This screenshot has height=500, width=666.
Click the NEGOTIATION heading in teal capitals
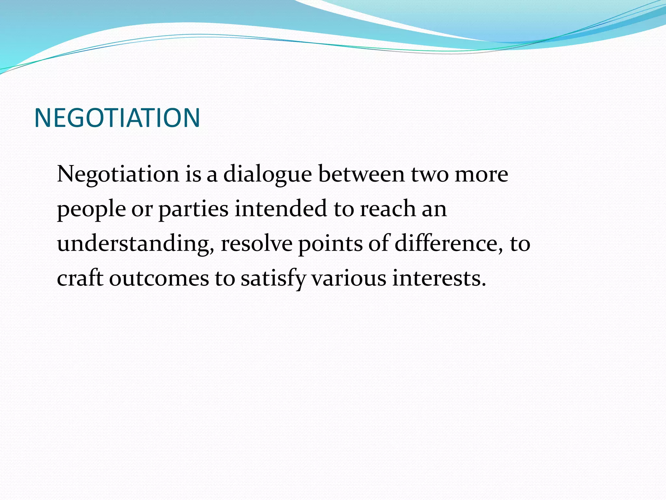point(117,118)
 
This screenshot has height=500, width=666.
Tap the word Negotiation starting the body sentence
point(118,174)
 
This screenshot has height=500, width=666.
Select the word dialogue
point(267,174)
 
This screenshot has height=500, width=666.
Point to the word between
point(361,174)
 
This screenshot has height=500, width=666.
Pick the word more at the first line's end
point(481,174)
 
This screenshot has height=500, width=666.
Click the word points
point(330,244)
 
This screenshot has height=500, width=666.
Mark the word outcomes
point(159,279)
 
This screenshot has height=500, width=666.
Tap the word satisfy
point(273,279)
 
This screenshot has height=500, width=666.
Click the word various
point(349,279)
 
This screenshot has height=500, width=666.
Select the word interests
point(436,279)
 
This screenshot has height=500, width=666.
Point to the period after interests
point(484,285)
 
